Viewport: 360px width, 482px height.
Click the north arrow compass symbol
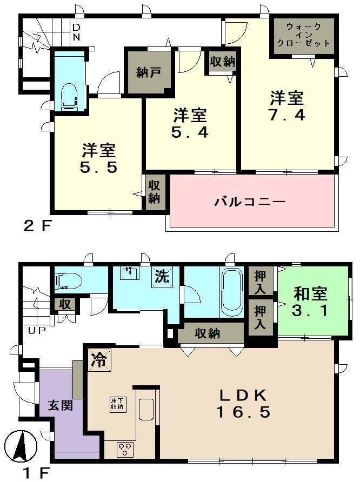click(x=21, y=445)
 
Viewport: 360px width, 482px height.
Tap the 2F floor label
click(x=37, y=226)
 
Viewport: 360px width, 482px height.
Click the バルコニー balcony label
click(x=250, y=202)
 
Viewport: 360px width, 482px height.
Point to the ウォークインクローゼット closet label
click(x=303, y=35)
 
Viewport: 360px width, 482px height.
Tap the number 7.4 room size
click(x=287, y=106)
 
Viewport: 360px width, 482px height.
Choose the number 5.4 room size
click(x=190, y=123)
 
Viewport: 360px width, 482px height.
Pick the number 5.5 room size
click(x=99, y=159)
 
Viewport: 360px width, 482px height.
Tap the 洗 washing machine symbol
click(x=162, y=276)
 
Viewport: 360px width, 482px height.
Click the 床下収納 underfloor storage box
click(x=117, y=404)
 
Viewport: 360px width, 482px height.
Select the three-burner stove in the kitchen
click(x=125, y=449)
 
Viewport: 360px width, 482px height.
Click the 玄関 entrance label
click(x=61, y=405)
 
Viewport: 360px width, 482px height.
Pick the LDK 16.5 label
click(x=243, y=404)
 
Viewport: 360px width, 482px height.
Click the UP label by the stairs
click(x=37, y=331)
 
